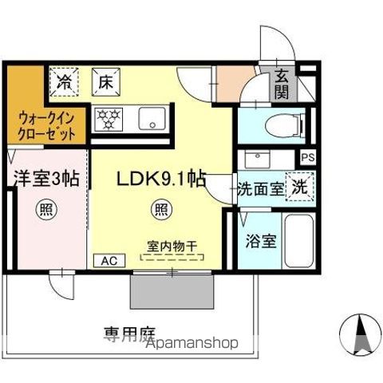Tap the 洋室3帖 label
pos(45,179)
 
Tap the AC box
pos(110,260)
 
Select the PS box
pos(307,158)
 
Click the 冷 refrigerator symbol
pos(65,80)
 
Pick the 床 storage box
pos(105,80)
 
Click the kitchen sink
pos(151,120)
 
